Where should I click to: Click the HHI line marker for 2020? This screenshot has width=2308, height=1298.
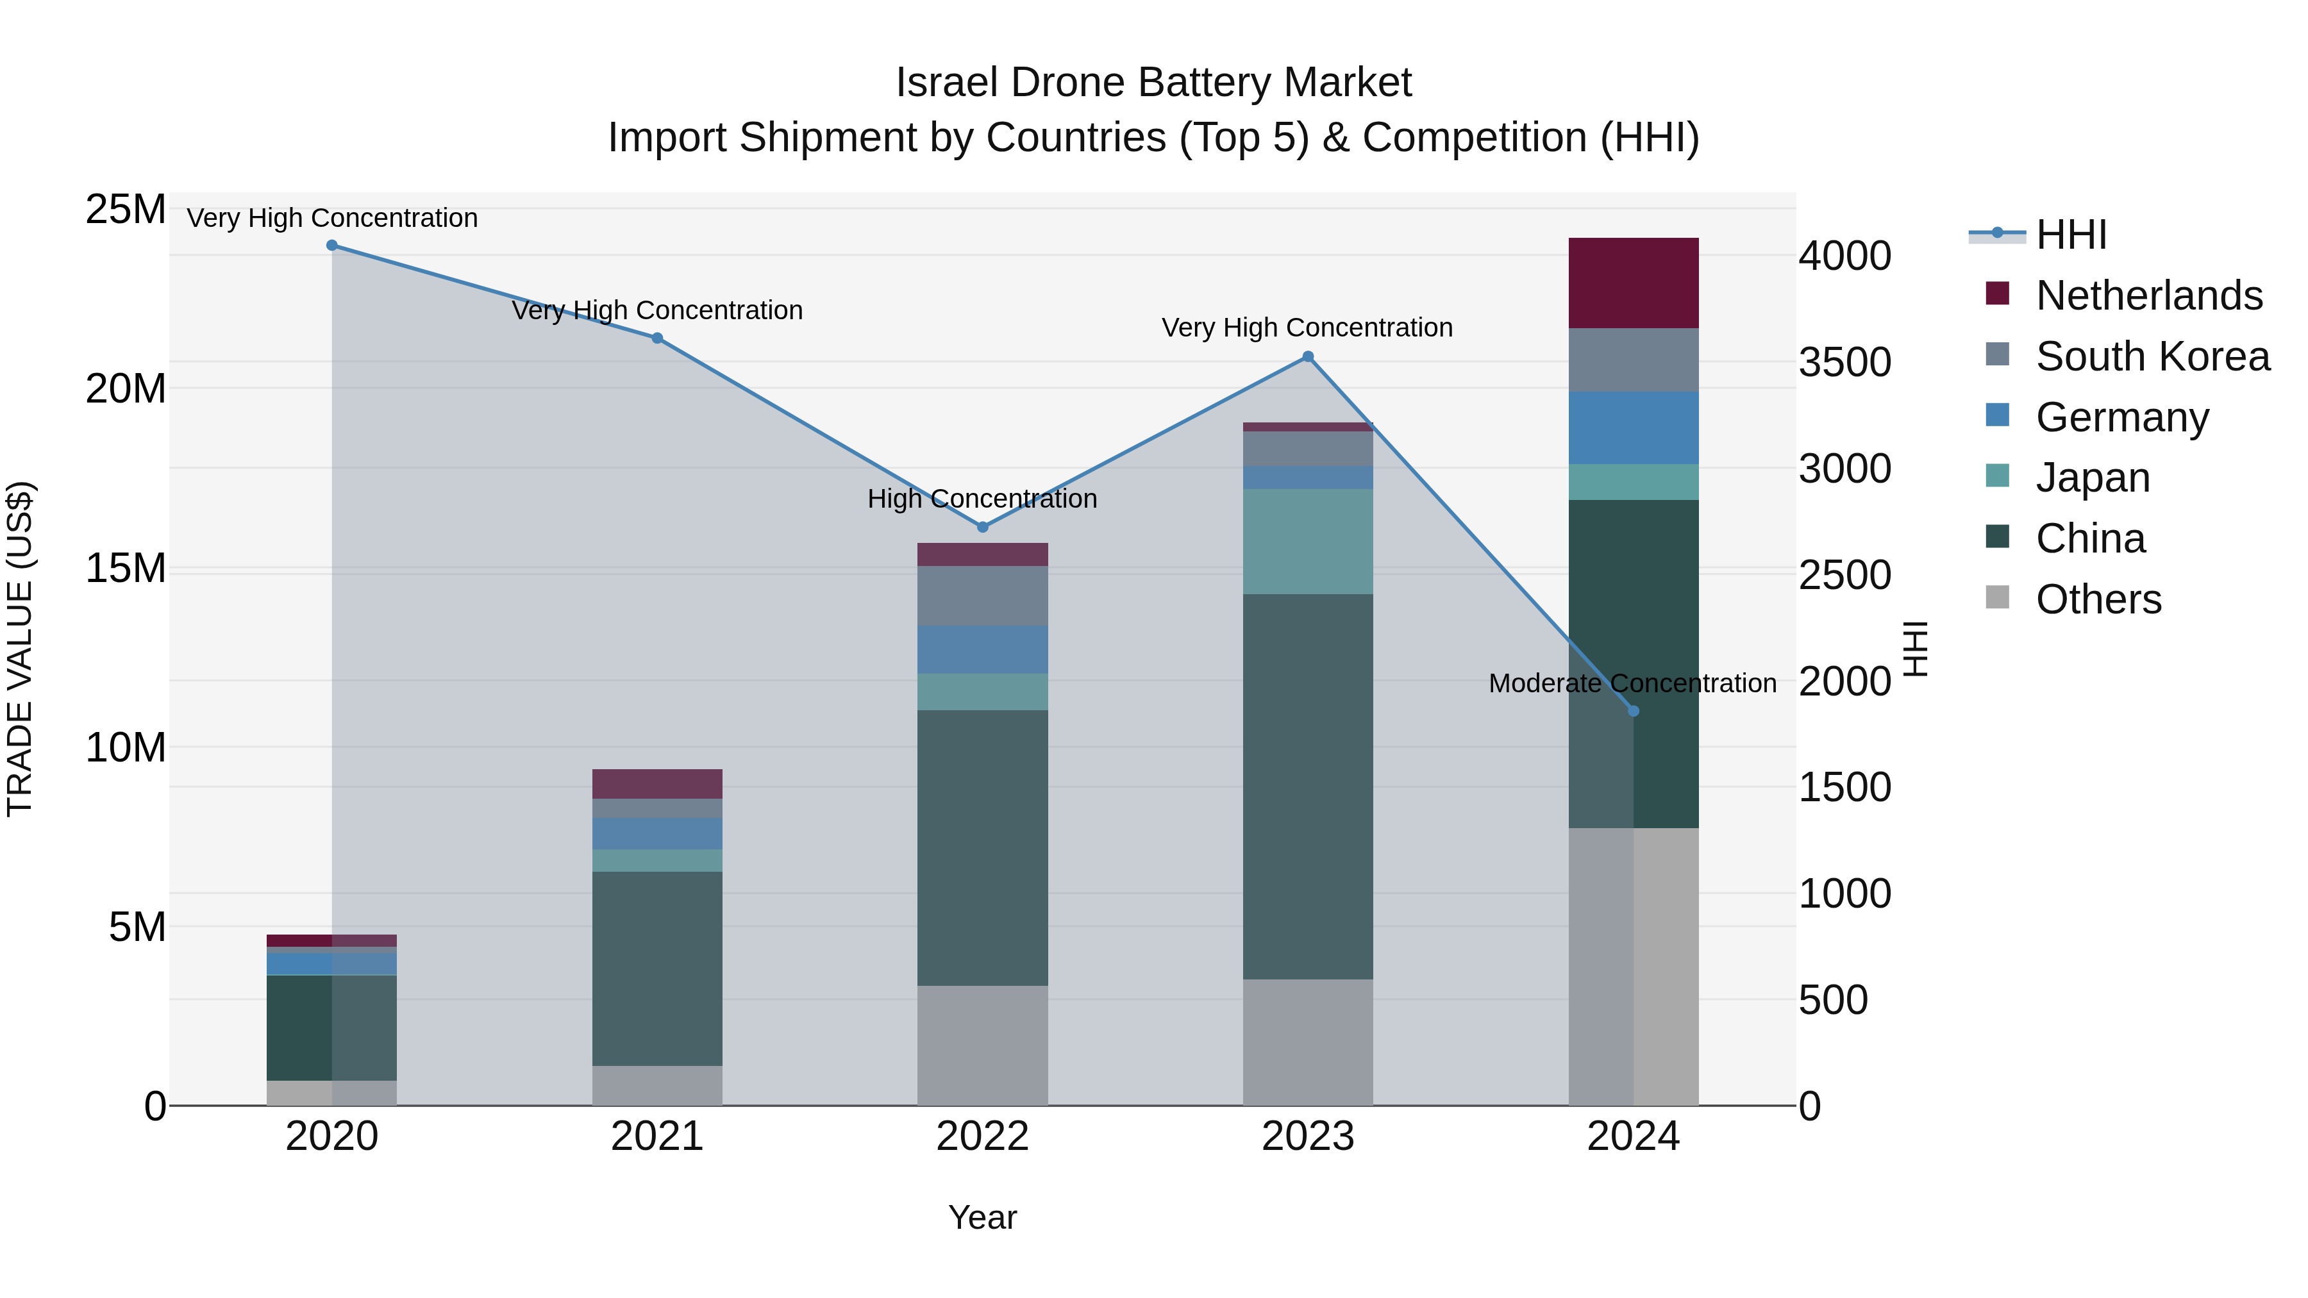point(331,245)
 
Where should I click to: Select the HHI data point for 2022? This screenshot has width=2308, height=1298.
point(982,527)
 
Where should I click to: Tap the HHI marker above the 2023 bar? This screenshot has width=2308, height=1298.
point(1307,356)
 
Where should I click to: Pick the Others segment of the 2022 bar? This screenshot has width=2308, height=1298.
point(982,1045)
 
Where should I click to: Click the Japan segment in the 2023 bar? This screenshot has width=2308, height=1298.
point(1307,541)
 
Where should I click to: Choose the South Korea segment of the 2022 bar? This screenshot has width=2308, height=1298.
point(982,595)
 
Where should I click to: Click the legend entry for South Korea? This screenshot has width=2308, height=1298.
point(2152,356)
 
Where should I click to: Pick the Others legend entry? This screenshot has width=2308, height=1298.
point(2098,599)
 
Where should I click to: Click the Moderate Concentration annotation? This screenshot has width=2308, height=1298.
point(1632,683)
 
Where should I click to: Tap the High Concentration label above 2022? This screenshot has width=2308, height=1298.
point(982,499)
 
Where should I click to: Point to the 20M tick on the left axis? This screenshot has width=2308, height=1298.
point(126,389)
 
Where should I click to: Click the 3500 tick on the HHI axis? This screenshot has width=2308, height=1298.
point(1844,363)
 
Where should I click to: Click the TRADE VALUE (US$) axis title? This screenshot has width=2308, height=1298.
point(20,649)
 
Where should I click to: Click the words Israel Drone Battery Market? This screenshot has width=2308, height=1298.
point(1153,83)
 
